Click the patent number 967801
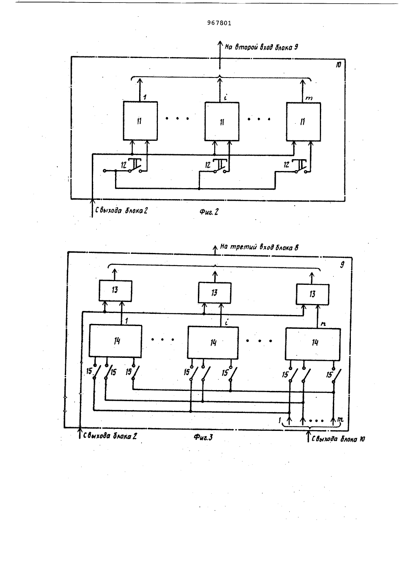coord(219,23)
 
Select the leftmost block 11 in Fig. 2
coord(140,121)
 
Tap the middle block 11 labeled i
coord(222,122)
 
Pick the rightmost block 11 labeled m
coord(304,122)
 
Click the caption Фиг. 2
coord(209,212)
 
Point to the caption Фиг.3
coord(203,437)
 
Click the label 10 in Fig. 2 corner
coord(338,65)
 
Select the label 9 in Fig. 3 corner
coord(342,265)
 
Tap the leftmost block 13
coord(115,291)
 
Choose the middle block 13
coord(215,293)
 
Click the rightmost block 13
coord(313,294)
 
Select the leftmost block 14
coord(115,341)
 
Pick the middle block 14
coord(213,343)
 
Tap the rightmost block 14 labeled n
coord(313,344)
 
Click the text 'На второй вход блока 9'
coord(262,47)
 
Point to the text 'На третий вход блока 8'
coord(259,248)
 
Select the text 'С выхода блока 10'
coord(338,439)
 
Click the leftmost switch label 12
coord(124,165)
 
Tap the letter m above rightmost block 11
coord(309,98)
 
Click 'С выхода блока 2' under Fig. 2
coord(121,211)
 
